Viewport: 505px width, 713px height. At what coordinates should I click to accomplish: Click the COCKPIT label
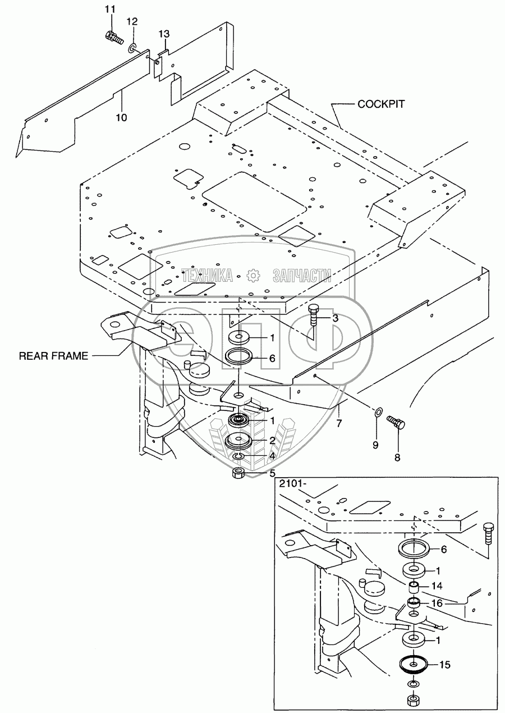point(381,104)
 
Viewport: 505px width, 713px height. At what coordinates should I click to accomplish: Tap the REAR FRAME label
point(53,356)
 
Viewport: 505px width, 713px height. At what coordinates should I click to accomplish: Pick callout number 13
point(163,34)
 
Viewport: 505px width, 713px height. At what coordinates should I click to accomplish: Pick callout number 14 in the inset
point(438,586)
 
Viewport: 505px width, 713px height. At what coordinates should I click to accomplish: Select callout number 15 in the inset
point(444,665)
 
